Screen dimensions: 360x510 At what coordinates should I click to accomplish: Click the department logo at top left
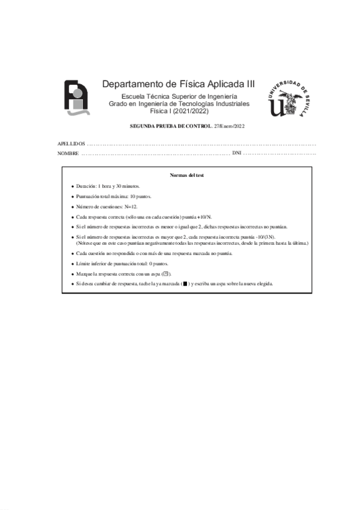point(78,97)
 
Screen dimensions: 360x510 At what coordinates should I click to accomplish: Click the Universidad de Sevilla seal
point(290,96)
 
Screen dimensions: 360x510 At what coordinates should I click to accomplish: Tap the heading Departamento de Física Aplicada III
point(178,84)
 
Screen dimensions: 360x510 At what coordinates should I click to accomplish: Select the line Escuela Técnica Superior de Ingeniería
point(179,97)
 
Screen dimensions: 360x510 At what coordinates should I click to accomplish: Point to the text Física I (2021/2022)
point(178,111)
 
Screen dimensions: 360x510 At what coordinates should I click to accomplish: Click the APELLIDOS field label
point(71,144)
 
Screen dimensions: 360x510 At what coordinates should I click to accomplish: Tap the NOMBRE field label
point(68,154)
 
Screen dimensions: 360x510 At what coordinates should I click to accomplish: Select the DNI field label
point(236,154)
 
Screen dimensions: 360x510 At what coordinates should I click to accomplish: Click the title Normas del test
point(187,176)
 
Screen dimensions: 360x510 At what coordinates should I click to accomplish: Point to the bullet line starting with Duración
point(108,186)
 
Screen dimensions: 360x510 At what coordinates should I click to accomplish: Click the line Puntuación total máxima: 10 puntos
point(114,197)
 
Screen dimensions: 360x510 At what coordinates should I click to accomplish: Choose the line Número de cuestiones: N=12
point(107,206)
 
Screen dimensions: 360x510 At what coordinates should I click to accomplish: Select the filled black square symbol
point(185,284)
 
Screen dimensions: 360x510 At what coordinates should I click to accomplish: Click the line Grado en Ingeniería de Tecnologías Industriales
point(179,104)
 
